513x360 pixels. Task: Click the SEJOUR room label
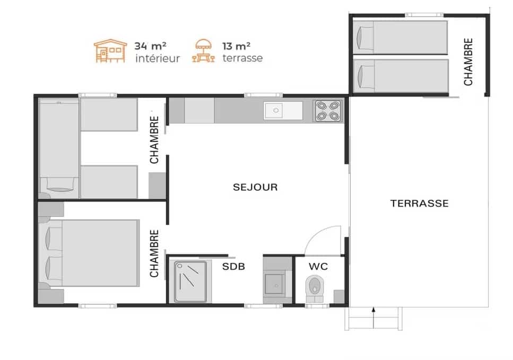click(255, 187)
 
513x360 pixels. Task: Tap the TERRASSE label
click(420, 204)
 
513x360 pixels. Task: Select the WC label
click(318, 267)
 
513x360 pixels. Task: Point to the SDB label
click(233, 267)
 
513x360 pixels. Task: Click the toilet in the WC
click(315, 289)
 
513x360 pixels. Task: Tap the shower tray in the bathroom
click(190, 281)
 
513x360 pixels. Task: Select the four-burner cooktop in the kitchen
click(327, 111)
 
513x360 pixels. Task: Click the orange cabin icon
click(110, 51)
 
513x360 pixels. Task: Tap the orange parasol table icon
click(204, 51)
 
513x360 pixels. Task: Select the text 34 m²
click(151, 46)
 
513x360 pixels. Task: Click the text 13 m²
click(236, 46)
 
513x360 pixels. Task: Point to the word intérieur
click(158, 58)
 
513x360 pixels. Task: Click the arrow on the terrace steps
click(373, 317)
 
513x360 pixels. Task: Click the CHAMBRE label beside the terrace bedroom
click(468, 62)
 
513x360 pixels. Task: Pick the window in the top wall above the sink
click(263, 95)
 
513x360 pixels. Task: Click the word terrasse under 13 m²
click(243, 58)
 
